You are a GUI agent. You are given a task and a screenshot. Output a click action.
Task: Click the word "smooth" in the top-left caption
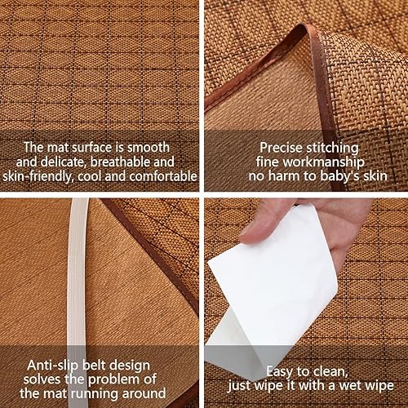click(149, 148)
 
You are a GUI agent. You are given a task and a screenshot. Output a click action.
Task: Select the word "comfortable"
click(163, 176)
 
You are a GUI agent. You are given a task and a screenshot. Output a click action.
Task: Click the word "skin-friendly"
click(38, 177)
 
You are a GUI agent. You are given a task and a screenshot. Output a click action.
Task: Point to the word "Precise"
click(281, 148)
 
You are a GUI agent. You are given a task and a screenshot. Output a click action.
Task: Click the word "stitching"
click(332, 149)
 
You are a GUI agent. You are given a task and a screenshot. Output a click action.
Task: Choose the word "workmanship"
click(324, 162)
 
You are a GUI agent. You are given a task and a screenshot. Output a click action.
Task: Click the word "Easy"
click(280, 372)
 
